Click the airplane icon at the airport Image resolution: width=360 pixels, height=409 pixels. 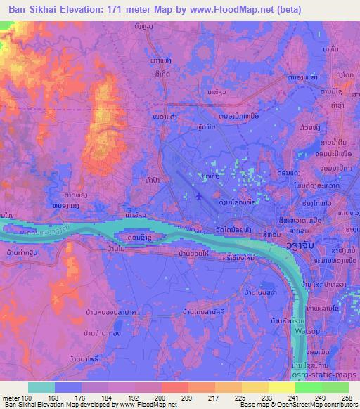pos(198,196)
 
